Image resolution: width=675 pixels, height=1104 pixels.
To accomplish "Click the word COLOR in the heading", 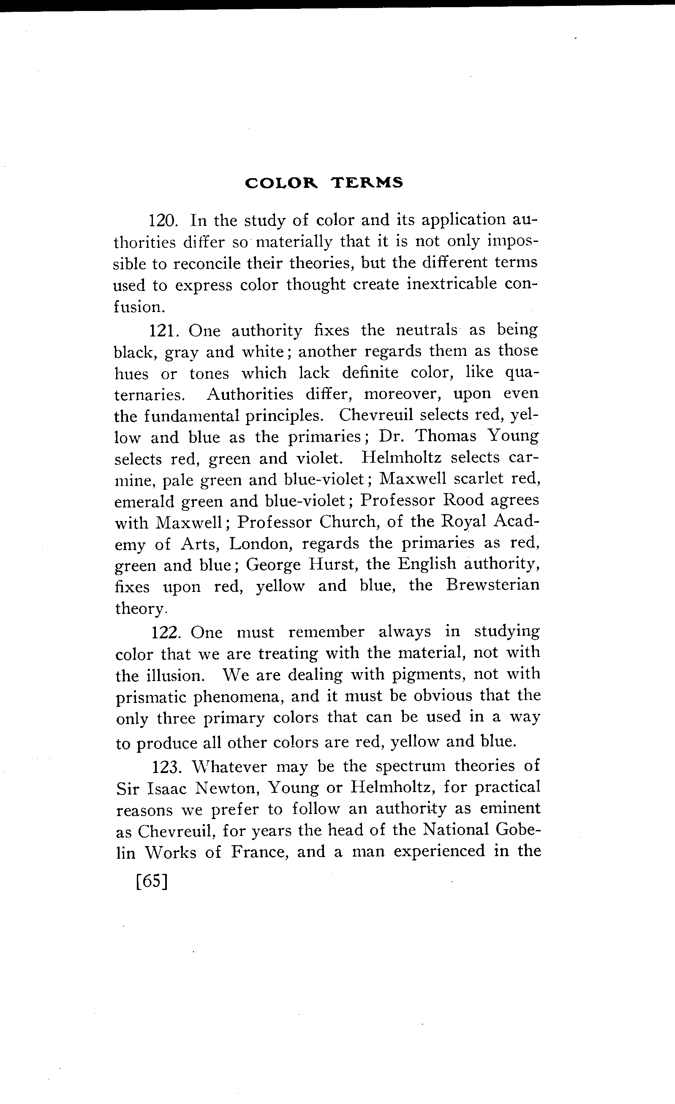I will click(x=281, y=183).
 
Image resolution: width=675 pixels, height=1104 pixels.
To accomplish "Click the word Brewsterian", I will click(x=493, y=586).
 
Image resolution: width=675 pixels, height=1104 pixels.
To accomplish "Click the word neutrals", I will click(x=427, y=330).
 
